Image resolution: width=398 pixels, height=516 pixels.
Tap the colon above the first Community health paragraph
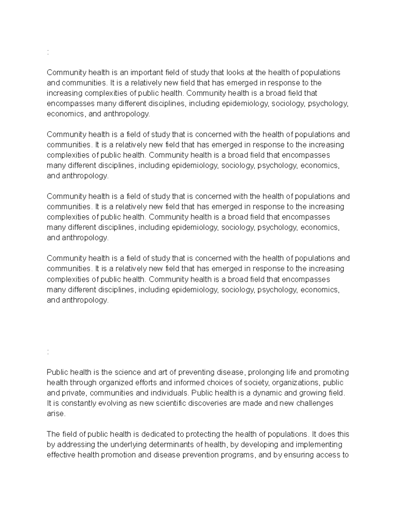[48, 52]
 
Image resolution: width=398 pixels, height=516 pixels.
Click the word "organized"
[110, 382]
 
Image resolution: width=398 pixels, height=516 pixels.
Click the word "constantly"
[76, 403]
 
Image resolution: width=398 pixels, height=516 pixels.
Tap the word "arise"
[56, 414]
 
